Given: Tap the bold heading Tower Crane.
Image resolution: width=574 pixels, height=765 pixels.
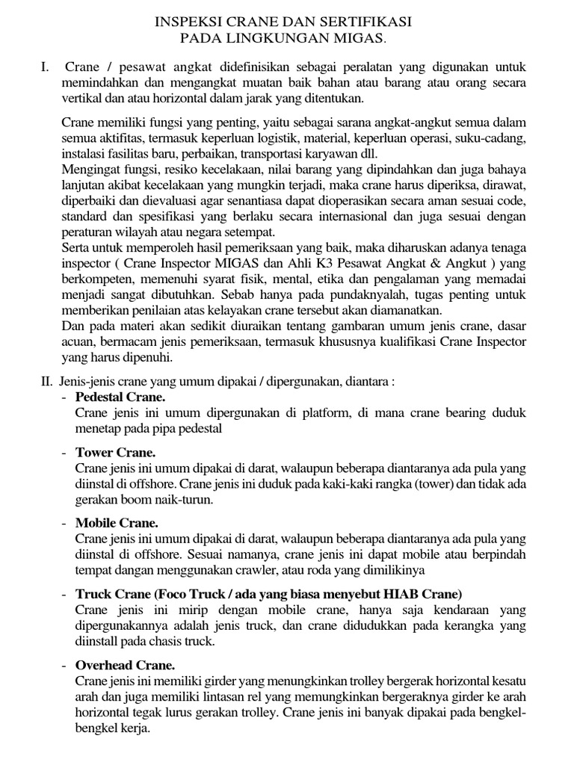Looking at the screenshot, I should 115,453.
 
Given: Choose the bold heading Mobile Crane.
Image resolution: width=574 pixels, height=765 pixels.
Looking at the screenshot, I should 117,523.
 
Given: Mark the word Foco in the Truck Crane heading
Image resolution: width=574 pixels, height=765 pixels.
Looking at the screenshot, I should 174,594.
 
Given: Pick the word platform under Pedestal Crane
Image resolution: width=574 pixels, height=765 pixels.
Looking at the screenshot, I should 306,412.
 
